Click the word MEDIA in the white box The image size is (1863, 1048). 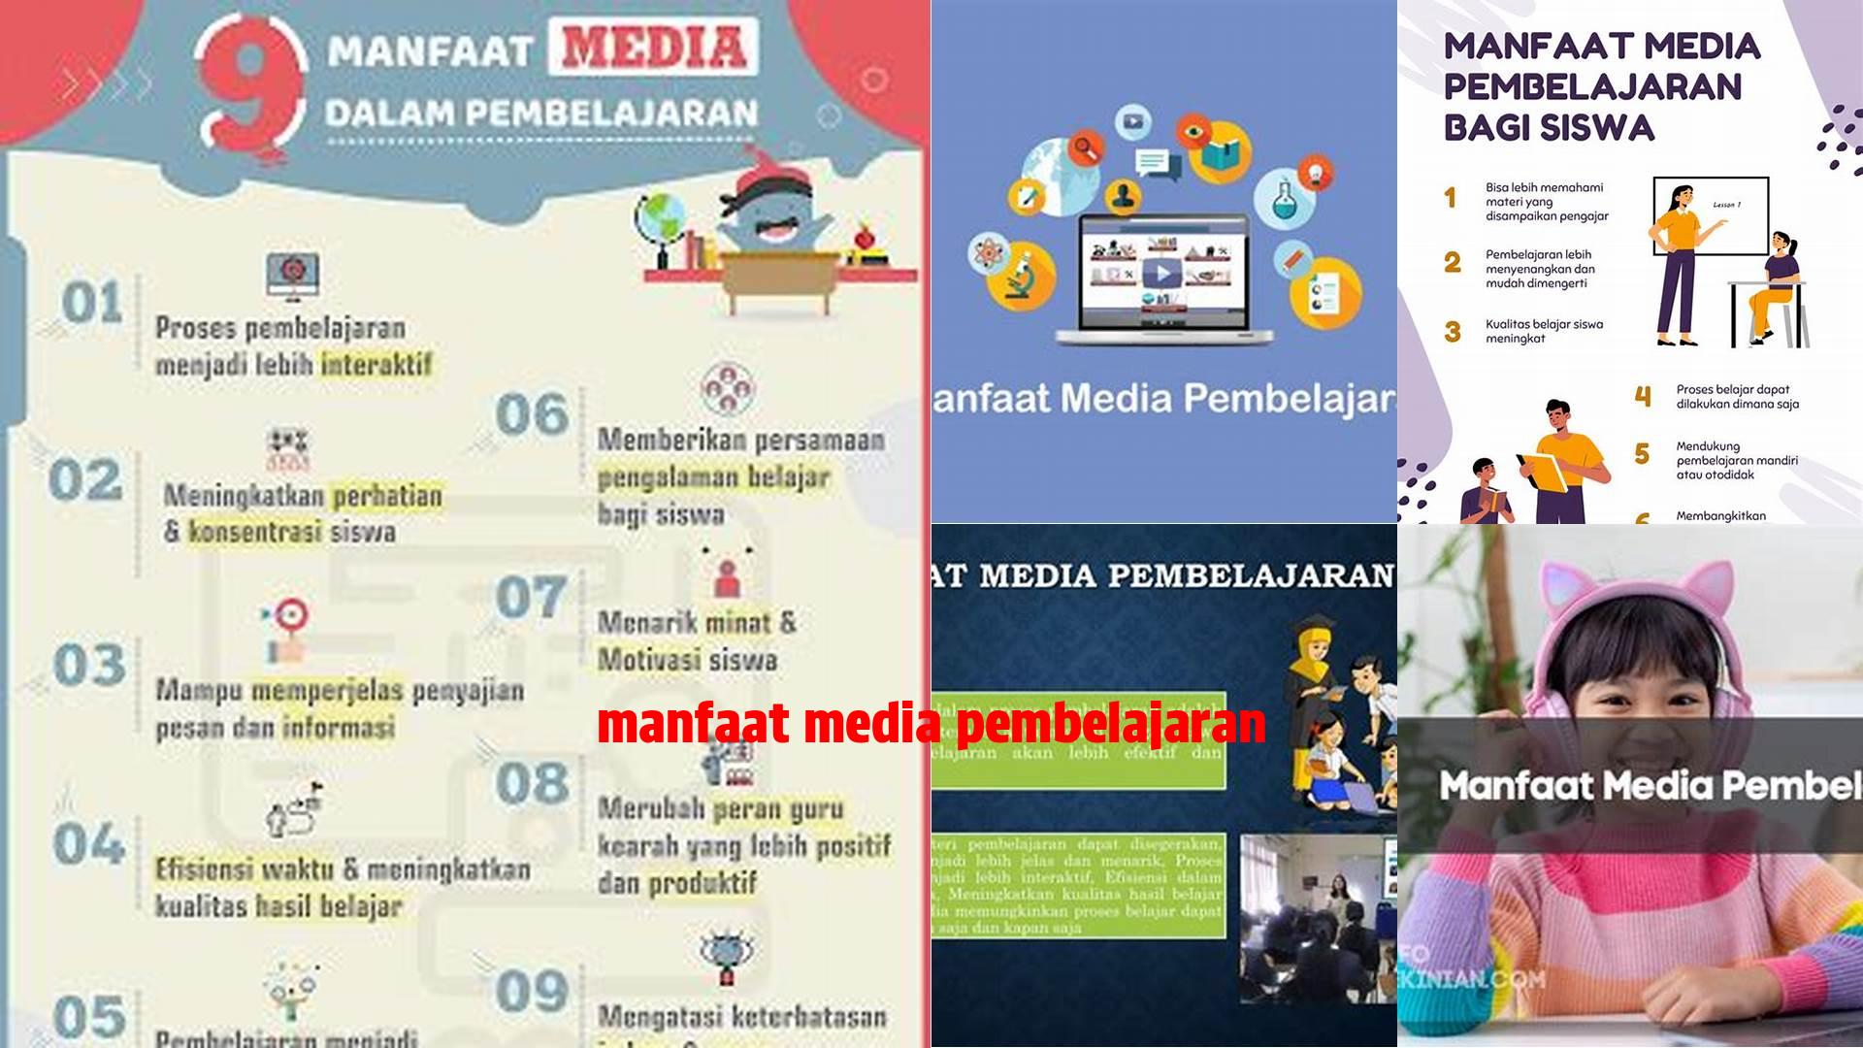tap(653, 47)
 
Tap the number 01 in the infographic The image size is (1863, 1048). tap(92, 303)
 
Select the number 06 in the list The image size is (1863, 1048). tap(531, 415)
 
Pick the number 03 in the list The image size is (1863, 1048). tap(89, 666)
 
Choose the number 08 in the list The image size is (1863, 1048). tap(531, 784)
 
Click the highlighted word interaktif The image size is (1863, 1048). tap(376, 366)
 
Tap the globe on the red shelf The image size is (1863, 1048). tap(662, 223)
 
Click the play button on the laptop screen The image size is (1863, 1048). tap(1161, 275)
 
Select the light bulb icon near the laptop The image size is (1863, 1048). tap(1316, 175)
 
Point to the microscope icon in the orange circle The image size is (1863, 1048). tap(1019, 277)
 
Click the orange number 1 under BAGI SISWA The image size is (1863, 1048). tap(1451, 199)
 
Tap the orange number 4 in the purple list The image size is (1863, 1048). tap(1642, 396)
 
